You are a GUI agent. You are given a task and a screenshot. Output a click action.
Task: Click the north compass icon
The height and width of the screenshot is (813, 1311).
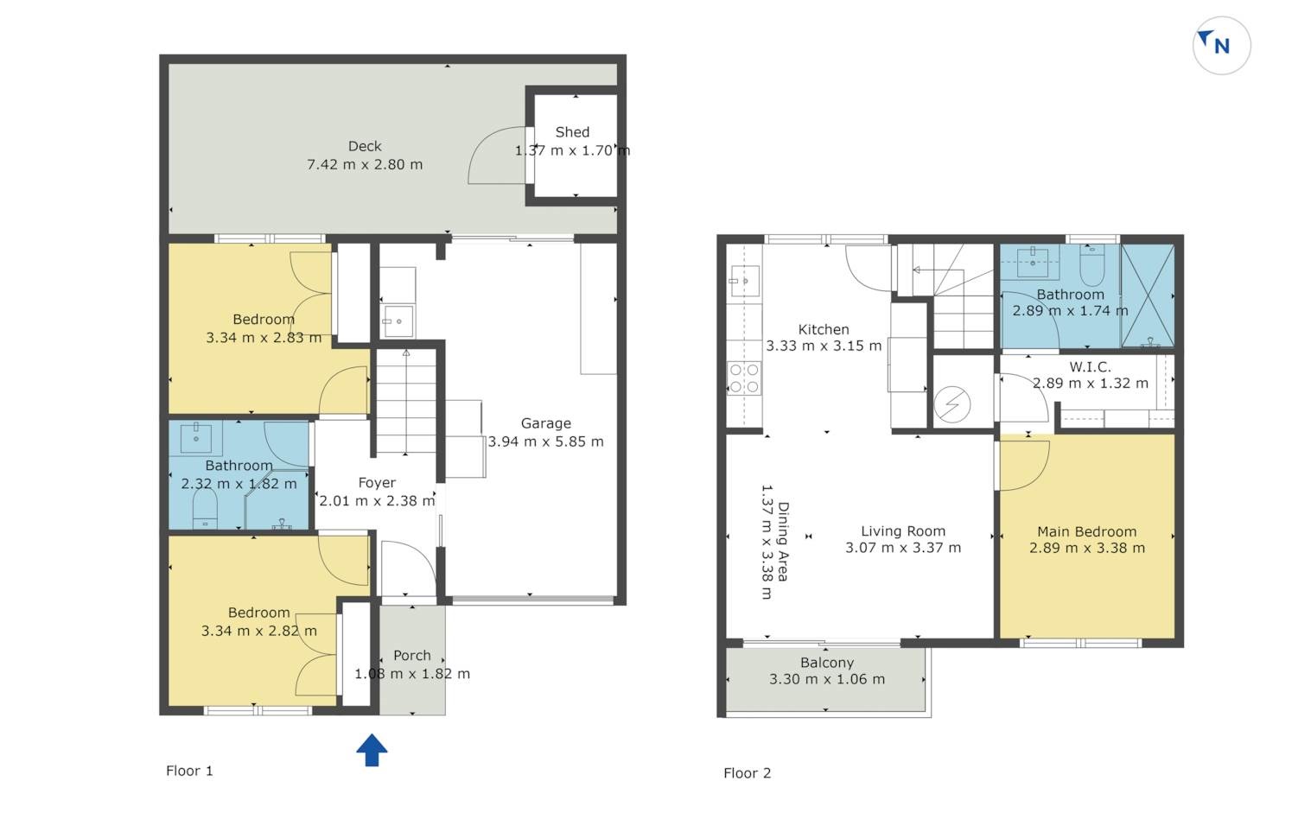tap(1221, 46)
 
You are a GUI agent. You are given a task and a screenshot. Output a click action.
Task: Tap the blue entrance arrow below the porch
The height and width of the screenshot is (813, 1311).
tap(372, 750)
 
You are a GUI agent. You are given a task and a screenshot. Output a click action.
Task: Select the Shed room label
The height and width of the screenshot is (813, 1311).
tap(572, 132)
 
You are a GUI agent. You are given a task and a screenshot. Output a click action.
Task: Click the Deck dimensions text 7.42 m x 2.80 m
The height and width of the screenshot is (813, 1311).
tap(365, 164)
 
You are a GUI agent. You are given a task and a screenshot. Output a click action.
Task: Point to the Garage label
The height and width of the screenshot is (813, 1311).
tap(545, 423)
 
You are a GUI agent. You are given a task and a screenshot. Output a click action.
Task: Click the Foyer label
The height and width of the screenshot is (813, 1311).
tap(377, 483)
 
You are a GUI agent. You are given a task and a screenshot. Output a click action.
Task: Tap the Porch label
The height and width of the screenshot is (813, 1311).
tap(412, 656)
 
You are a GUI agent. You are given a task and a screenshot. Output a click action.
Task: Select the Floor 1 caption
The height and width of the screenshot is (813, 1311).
tap(189, 771)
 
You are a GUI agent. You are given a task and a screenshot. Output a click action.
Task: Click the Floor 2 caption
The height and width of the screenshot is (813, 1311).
tap(748, 773)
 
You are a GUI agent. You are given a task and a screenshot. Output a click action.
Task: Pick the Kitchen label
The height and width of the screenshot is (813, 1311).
tap(824, 329)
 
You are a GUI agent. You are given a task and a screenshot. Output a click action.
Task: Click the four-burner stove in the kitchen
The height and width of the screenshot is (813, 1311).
tap(744, 378)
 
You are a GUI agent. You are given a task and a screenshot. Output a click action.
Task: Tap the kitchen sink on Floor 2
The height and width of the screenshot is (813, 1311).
tap(744, 282)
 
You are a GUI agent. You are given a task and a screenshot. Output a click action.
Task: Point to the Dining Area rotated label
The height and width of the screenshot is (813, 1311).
tap(782, 542)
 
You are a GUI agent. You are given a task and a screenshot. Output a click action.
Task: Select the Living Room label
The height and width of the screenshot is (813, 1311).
tap(903, 531)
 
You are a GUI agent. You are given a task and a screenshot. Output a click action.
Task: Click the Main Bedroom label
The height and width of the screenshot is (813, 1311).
tap(1087, 532)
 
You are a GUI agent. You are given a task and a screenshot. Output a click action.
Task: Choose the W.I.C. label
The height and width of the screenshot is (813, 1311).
tap(1090, 367)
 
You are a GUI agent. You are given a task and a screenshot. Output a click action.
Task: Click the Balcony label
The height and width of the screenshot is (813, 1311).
tap(827, 664)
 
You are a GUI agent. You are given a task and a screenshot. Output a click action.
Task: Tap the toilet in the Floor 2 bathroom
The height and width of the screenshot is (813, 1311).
tap(1092, 264)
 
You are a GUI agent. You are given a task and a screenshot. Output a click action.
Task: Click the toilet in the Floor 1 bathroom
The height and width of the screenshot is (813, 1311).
tap(205, 509)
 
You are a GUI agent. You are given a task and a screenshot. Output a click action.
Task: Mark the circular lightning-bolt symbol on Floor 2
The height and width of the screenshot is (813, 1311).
tap(952, 403)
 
